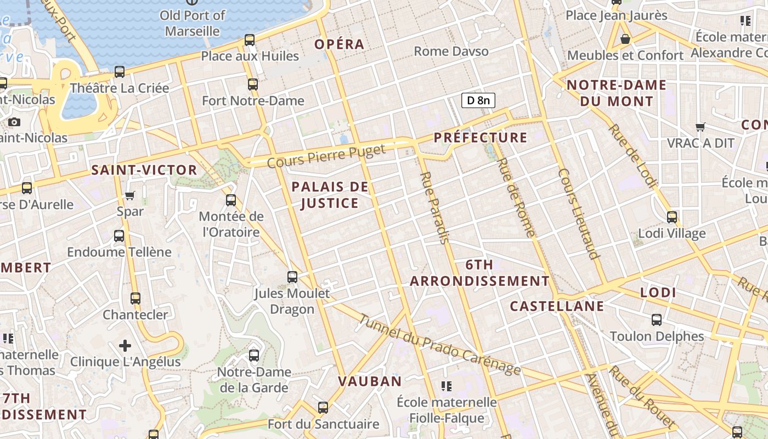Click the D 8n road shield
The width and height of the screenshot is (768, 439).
click(x=478, y=100)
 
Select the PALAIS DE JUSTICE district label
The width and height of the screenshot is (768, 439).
click(x=330, y=195)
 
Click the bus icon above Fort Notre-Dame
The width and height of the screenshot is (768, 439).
click(x=253, y=85)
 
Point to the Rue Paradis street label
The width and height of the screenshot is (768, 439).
click(x=435, y=207)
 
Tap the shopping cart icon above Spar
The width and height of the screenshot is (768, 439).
click(x=130, y=196)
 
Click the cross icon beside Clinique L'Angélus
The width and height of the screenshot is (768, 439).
click(x=125, y=346)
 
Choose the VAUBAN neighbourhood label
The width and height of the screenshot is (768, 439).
click(x=370, y=381)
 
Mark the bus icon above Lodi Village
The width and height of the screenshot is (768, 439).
click(x=672, y=217)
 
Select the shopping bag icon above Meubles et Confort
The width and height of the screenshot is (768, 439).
click(x=625, y=39)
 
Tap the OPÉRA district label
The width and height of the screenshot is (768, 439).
click(x=340, y=44)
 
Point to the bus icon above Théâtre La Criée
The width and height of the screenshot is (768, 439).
click(x=120, y=72)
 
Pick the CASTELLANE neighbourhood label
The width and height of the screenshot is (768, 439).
click(x=557, y=306)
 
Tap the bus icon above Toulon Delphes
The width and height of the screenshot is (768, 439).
click(x=657, y=320)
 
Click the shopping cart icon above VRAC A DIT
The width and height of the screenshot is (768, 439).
click(x=700, y=127)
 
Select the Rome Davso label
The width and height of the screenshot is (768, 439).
click(x=451, y=52)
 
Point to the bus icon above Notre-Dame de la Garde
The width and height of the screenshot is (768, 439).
click(x=254, y=356)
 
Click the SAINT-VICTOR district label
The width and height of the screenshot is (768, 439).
click(x=144, y=170)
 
